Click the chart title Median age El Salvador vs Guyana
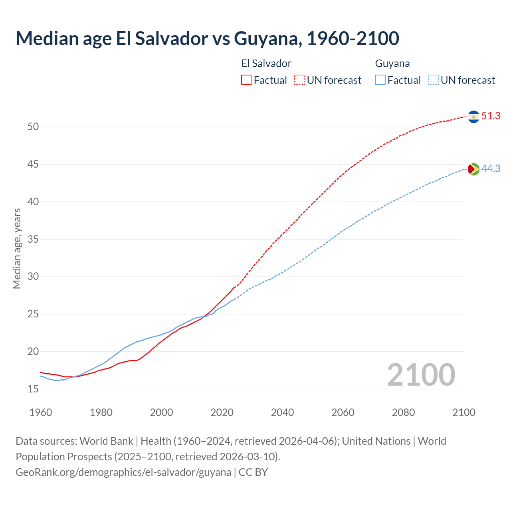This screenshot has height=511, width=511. coord(207,38)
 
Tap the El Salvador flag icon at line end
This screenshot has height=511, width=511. coord(473,117)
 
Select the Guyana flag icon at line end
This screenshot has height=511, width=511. coord(473,169)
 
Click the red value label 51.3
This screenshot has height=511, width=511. coord(491,116)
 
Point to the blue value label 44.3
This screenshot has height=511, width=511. coord(491,169)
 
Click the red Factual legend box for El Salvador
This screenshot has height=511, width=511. coord(246,80)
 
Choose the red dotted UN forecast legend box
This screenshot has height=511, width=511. coord(299,80)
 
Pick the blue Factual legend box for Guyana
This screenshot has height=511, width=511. coord(380,80)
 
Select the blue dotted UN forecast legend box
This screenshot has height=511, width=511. coord(433,80)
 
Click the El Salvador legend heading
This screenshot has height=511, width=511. coord(266,63)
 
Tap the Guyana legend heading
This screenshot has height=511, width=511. coord(392,63)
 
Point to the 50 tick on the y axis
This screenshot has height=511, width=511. coord(33,127)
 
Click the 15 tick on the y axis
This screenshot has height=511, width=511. coord(33,389)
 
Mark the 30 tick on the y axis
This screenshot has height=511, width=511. coord(33,277)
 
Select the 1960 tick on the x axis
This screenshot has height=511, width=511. coord(41,412)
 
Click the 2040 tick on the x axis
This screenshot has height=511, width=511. coord(282,412)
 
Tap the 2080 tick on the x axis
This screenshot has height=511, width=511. coord(403,412)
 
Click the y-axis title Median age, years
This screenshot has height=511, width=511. coord(17,248)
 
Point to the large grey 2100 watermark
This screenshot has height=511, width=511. coord(421,375)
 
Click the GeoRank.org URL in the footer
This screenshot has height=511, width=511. coord(123,472)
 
